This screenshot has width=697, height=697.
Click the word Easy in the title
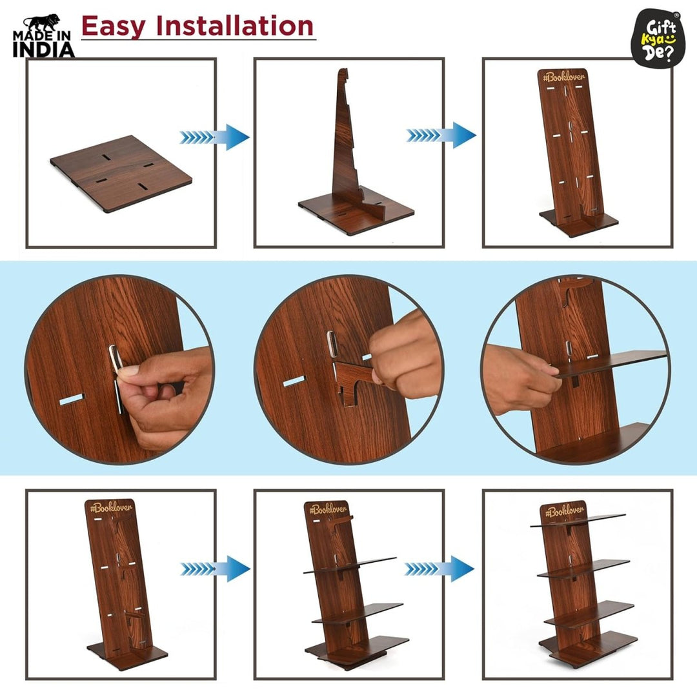click(x=113, y=26)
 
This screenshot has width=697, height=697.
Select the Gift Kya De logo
click(x=656, y=36)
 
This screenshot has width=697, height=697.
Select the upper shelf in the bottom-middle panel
click(x=352, y=565)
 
